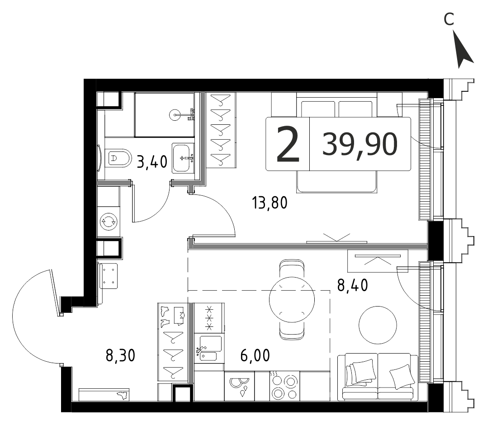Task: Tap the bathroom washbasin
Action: [x=183, y=158]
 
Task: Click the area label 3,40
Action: [x=152, y=162]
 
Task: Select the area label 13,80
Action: [x=270, y=203]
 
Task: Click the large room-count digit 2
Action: [x=288, y=144]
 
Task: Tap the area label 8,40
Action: [x=353, y=285]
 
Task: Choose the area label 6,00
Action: [x=255, y=355]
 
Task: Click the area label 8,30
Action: [x=121, y=355]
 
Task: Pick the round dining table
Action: [x=292, y=300]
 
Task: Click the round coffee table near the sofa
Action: [x=378, y=325]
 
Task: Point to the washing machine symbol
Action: [x=108, y=222]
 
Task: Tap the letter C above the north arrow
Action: [x=449, y=19]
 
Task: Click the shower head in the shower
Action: [x=175, y=115]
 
